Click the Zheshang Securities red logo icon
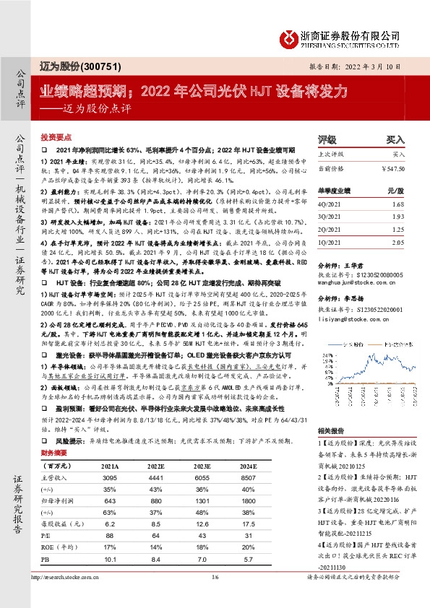[x=291, y=37]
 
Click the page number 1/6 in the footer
[x=215, y=596]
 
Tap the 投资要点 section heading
[x=56, y=136]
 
